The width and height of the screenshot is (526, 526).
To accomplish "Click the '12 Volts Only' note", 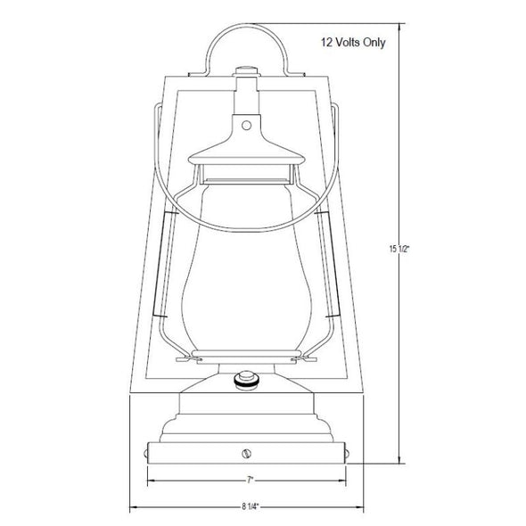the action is [353, 43].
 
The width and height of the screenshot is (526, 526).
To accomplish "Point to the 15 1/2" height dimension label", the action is [399, 250].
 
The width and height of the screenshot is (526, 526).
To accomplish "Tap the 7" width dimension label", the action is [250, 481].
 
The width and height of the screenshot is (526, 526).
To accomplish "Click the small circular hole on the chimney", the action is [246, 126].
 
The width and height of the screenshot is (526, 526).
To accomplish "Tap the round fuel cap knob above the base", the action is [247, 380].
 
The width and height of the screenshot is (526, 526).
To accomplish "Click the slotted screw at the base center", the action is [247, 454].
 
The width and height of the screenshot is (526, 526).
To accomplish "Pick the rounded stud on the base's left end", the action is [145, 454].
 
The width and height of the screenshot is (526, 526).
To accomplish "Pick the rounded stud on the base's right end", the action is [348, 454].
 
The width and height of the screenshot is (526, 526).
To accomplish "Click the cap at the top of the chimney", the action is [247, 72].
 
